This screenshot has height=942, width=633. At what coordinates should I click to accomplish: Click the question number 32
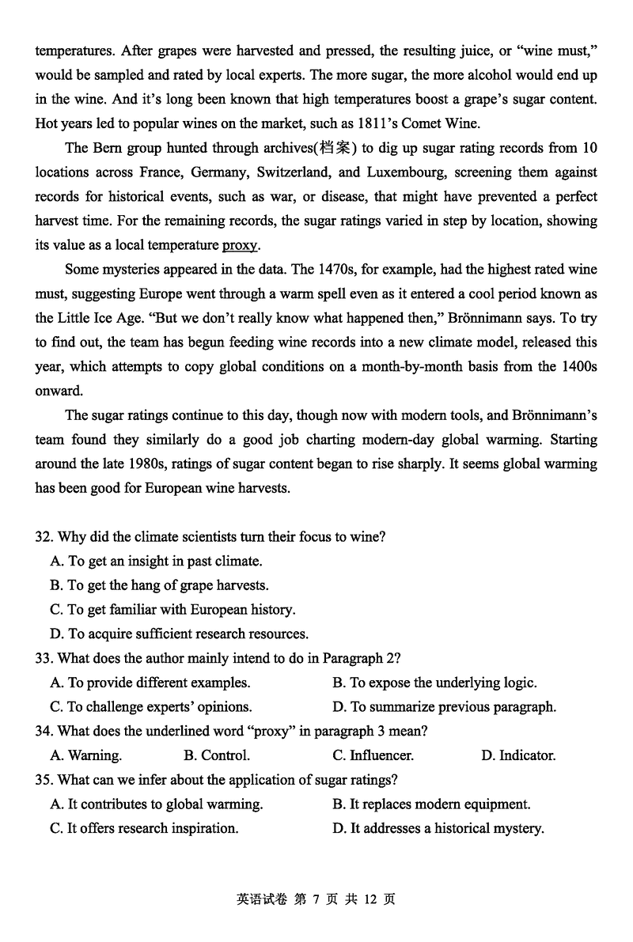pyautogui.click(x=44, y=537)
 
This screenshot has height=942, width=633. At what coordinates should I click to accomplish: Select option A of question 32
pyautogui.click(x=155, y=562)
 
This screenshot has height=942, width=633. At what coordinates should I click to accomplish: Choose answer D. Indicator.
pyautogui.click(x=518, y=756)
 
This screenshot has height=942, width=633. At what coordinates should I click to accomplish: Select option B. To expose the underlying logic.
pyautogui.click(x=434, y=683)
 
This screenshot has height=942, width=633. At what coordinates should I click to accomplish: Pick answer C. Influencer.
pyautogui.click(x=373, y=756)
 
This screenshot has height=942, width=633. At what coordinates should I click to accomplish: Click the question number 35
pyautogui.click(x=44, y=781)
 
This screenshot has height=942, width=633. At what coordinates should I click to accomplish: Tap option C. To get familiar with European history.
pyautogui.click(x=172, y=610)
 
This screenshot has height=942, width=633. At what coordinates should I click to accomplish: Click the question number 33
pyautogui.click(x=44, y=659)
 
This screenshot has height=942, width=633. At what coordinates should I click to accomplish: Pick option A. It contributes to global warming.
pyautogui.click(x=156, y=804)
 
